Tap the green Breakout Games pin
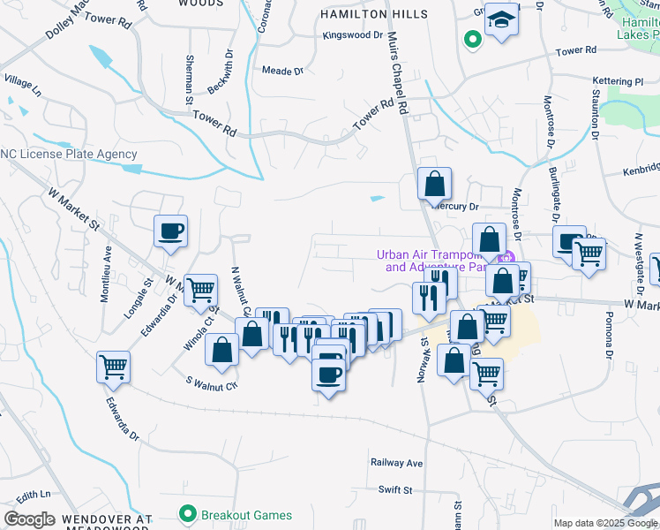[187, 513]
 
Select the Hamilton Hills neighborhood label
[374, 15]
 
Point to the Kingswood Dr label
[353, 36]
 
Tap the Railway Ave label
[397, 463]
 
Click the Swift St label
[390, 488]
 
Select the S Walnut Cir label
[212, 384]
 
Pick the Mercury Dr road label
[455, 207]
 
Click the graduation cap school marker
[501, 19]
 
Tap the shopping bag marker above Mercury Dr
[434, 185]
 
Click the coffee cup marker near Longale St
[171, 231]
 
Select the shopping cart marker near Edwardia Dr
[114, 367]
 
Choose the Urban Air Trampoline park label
[431, 261]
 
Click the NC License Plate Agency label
[69, 154]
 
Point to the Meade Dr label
[282, 71]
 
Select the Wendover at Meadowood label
[108, 523]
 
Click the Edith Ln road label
[33, 495]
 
